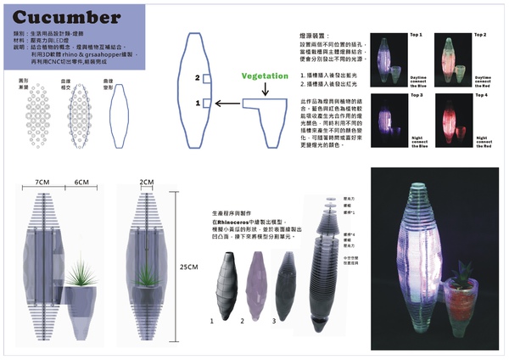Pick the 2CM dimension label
click(147, 183)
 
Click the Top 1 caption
click(417, 35)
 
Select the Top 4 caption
click(479, 94)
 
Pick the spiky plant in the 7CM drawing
click(81, 273)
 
